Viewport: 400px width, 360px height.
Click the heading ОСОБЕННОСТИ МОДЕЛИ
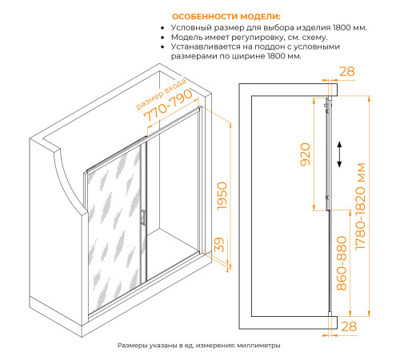[226, 17]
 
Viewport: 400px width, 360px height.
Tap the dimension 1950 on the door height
[222, 196]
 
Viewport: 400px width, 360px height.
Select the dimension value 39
[219, 245]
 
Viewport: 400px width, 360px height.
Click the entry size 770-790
[168, 105]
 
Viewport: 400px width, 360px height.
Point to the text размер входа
[161, 94]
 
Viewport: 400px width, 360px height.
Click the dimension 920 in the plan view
[306, 154]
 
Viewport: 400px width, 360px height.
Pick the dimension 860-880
[342, 263]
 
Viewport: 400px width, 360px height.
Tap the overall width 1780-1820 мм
[360, 206]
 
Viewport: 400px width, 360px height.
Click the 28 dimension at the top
[347, 71]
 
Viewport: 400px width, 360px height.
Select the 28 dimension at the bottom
[349, 326]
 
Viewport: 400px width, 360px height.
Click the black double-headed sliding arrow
[339, 154]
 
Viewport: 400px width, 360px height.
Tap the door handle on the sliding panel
[143, 218]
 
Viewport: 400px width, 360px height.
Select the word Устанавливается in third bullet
[206, 46]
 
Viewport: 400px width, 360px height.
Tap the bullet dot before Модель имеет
[162, 38]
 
